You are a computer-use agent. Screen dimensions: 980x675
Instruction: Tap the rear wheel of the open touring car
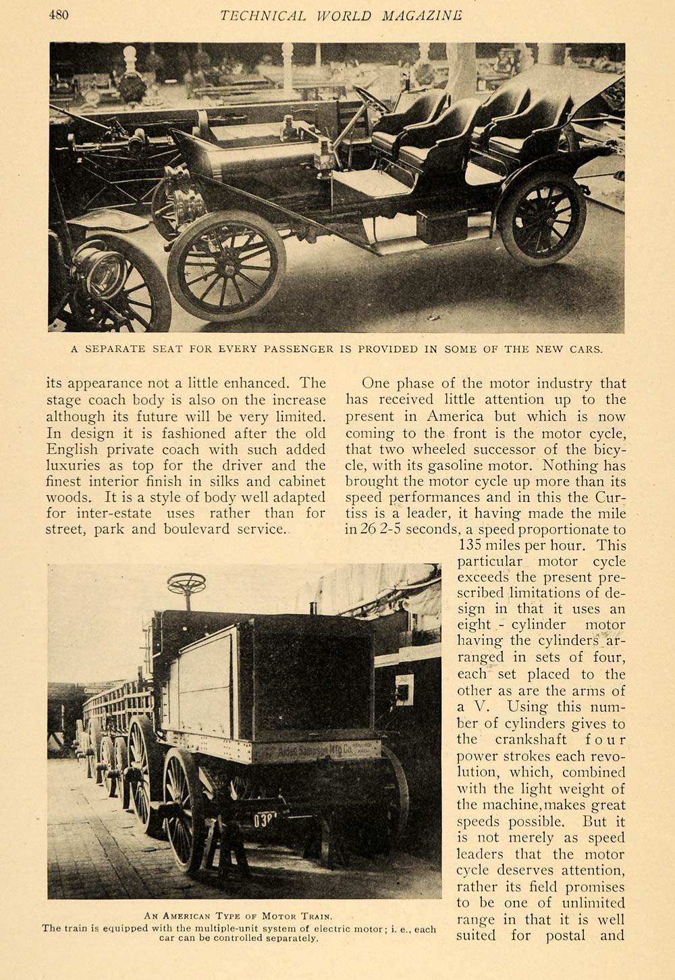coord(541,217)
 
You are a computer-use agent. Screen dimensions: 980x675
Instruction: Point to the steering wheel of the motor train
coord(186,583)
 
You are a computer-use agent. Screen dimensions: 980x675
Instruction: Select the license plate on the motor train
coord(269,822)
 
